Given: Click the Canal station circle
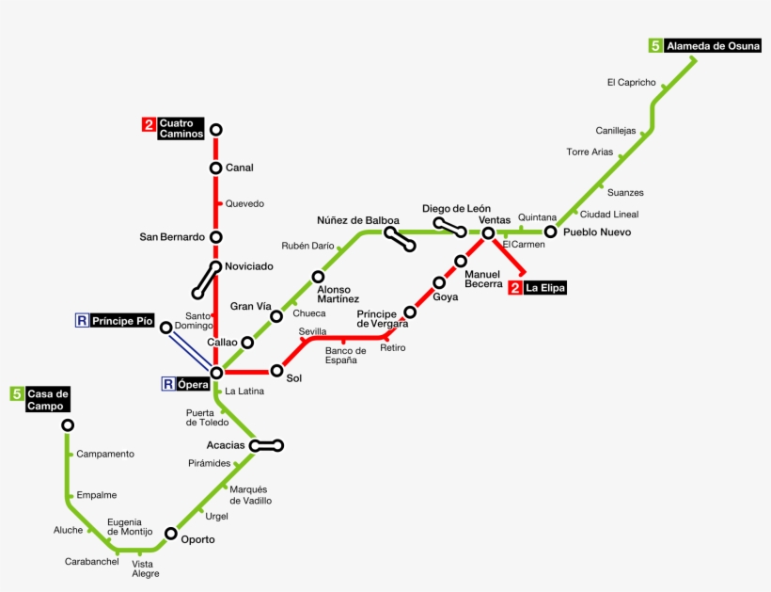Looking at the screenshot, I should point(215,168).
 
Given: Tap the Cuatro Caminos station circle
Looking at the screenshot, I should point(215,130).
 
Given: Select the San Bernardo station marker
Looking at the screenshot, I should point(215,237).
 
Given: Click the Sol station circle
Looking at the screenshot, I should point(276,371).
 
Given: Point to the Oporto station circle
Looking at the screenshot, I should point(170,534).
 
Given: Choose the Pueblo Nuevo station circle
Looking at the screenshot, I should point(550,232).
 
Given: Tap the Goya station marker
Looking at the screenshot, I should point(438,282).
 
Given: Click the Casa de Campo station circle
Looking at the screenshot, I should point(68,425).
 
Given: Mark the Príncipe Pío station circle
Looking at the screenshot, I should point(165,328).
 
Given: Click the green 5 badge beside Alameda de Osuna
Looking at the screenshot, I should point(654,45).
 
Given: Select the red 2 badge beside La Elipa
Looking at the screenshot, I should point(514,288).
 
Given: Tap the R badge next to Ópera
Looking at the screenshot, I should point(168,384).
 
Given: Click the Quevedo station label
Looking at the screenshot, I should point(244,203).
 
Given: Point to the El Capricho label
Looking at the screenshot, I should point(631,83).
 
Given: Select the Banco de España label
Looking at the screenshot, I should point(345,356).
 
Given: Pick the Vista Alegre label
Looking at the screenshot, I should point(146,568).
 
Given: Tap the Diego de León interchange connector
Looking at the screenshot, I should point(449,226).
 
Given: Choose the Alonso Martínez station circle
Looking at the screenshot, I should point(318,277).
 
